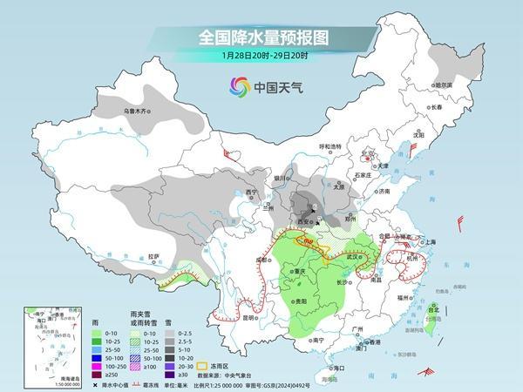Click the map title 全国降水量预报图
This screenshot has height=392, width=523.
(x=261, y=37)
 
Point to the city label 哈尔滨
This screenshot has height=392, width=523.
(x=444, y=85)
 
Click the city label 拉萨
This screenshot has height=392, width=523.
(x=154, y=256)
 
